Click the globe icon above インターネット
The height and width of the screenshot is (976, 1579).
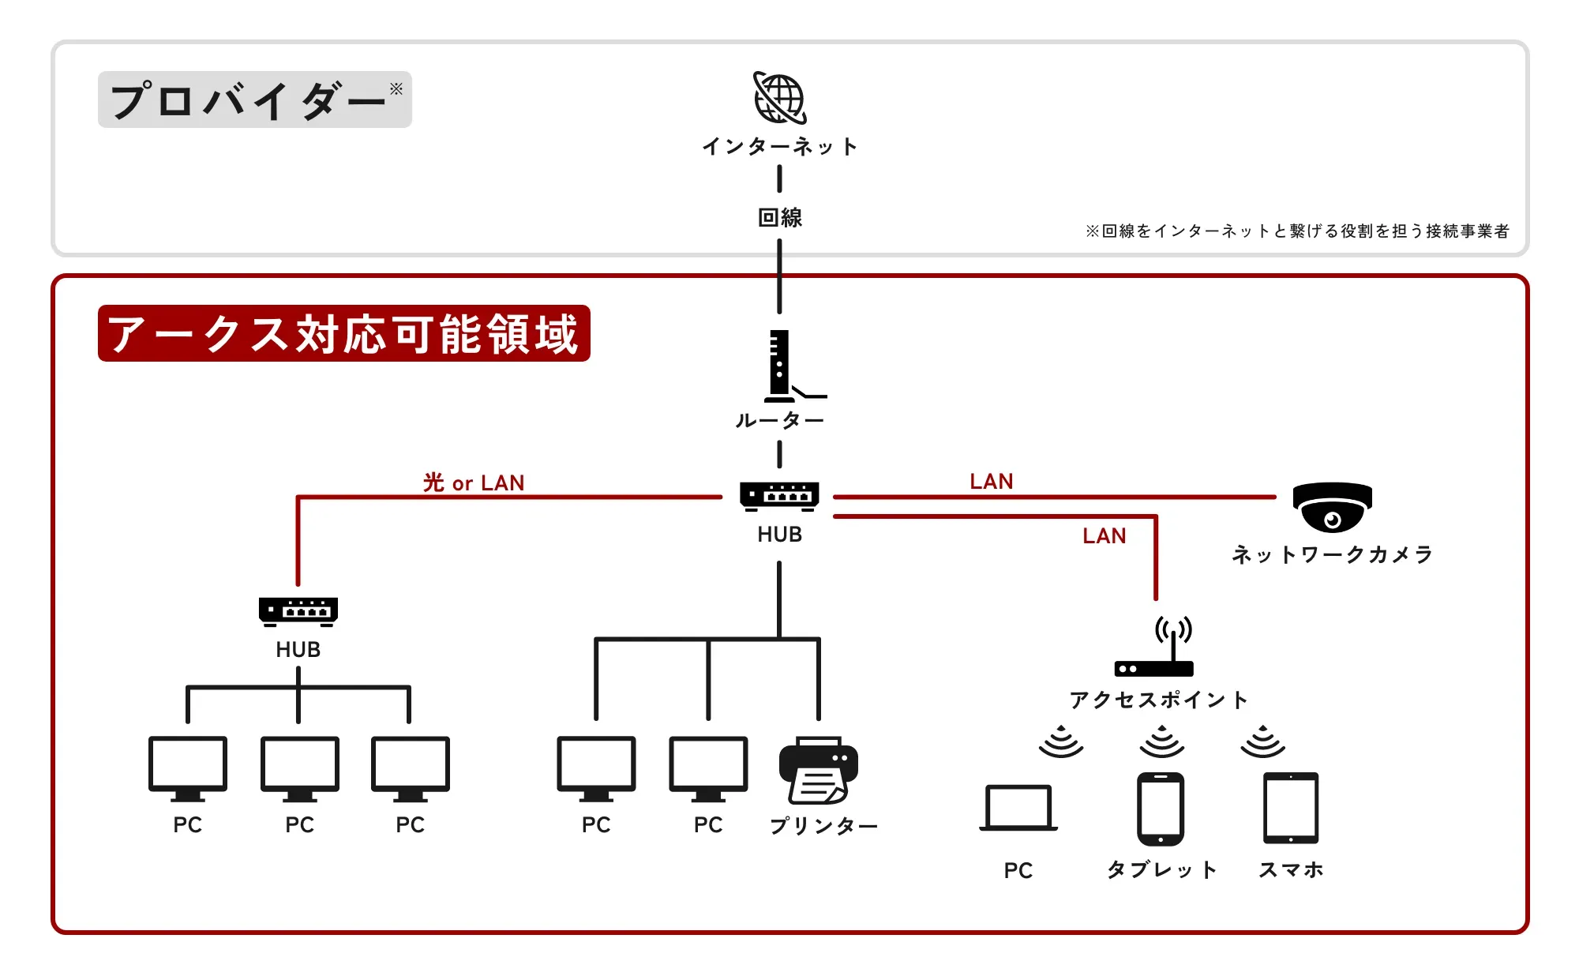[x=779, y=99]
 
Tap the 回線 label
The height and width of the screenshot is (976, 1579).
[x=779, y=217]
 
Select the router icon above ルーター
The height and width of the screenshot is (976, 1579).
[x=782, y=366]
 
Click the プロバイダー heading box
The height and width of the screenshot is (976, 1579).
[x=254, y=100]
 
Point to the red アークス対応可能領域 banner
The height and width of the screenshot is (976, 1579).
[x=343, y=333]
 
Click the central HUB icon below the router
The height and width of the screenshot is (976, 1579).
[x=779, y=496]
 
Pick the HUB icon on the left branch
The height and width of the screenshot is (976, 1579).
[x=298, y=611]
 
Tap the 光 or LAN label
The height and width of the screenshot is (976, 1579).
[x=474, y=482]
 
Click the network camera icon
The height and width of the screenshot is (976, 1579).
[x=1332, y=508]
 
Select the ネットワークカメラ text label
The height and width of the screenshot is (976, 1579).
[x=1332, y=554]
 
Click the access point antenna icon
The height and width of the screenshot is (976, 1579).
[x=1155, y=648]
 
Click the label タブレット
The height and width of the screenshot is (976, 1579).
[x=1161, y=869]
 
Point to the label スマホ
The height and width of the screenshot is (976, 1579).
[x=1291, y=869]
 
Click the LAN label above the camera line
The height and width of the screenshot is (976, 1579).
[x=992, y=482]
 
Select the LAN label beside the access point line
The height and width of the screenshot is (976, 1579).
[x=1104, y=536]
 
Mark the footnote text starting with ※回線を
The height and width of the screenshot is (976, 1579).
[x=1296, y=231]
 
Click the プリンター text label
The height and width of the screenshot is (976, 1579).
[x=823, y=825]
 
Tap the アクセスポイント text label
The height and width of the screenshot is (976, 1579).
[x=1158, y=700]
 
